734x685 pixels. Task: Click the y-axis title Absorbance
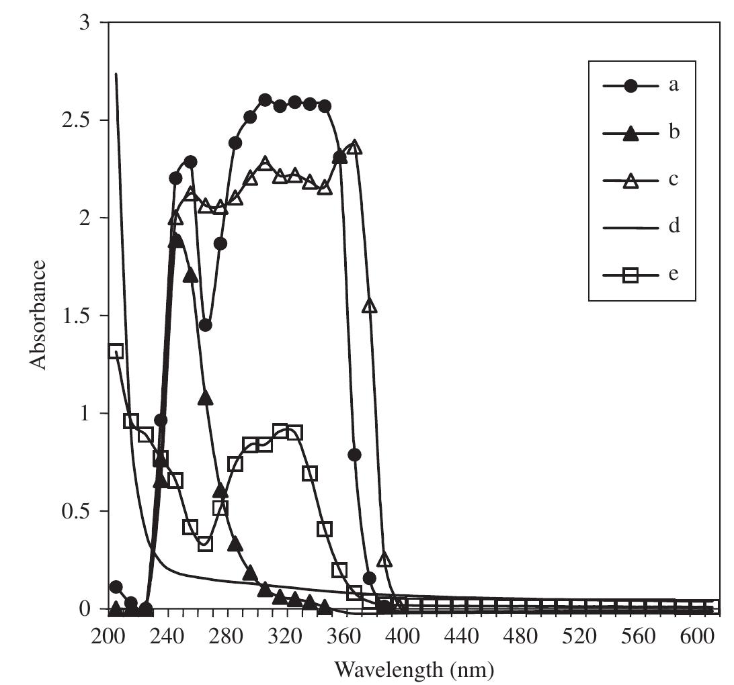(38, 314)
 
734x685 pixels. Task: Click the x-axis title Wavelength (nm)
(414, 669)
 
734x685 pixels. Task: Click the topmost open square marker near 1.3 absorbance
(116, 351)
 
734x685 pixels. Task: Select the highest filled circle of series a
(265, 100)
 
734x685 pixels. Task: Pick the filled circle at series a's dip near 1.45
(206, 325)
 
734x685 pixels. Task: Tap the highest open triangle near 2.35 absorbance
(355, 147)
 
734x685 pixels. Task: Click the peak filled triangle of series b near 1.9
(176, 240)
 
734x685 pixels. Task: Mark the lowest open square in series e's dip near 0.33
(206, 543)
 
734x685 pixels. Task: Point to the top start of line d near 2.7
(116, 74)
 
